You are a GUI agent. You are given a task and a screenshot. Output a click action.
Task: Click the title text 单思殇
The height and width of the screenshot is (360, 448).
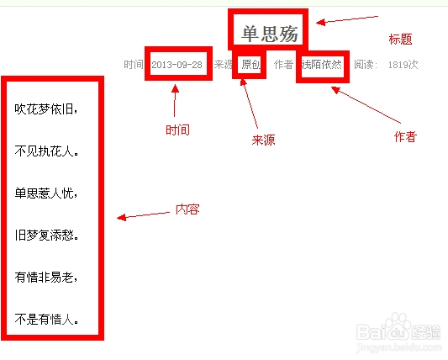tap(270, 34)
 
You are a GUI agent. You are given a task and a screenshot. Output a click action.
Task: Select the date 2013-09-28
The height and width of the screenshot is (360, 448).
tap(177, 65)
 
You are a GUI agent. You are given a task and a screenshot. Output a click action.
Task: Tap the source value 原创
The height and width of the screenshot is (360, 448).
tap(250, 64)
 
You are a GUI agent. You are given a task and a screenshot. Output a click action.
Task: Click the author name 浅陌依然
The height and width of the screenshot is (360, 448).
tap(321, 65)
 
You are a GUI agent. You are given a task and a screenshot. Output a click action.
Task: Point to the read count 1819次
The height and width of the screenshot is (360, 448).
tap(403, 65)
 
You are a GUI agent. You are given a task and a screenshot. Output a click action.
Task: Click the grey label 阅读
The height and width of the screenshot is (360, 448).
tap(364, 65)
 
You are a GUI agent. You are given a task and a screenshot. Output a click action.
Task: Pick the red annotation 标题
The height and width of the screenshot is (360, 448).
tap(400, 40)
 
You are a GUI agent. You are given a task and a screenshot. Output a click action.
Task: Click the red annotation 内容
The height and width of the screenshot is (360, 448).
tap(187, 209)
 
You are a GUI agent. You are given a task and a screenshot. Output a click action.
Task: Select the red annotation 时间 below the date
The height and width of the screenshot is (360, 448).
tap(177, 130)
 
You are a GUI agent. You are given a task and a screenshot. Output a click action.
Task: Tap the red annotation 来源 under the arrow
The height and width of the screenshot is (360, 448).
tap(263, 140)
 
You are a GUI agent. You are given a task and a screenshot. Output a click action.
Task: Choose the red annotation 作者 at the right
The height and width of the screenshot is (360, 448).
tap(405, 136)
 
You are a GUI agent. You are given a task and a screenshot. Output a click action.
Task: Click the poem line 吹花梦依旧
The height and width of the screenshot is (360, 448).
tap(46, 109)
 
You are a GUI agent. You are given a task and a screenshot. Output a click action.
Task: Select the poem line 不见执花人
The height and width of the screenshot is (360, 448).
tap(46, 151)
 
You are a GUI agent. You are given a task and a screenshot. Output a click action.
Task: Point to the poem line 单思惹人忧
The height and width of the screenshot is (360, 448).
tap(46, 193)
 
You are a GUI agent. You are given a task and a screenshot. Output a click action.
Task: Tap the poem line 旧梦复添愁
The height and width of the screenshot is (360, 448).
tap(46, 236)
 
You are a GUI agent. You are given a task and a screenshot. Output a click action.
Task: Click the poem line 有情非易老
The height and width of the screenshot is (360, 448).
tap(46, 277)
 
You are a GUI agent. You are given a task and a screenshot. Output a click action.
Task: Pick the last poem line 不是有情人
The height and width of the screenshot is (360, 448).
tap(46, 319)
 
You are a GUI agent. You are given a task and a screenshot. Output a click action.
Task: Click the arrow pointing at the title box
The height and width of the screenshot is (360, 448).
tap(347, 19)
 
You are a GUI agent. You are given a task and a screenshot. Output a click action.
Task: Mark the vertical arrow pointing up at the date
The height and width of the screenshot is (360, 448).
tap(175, 100)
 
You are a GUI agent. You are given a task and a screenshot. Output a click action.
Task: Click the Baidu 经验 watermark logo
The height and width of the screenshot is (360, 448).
tap(399, 332)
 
